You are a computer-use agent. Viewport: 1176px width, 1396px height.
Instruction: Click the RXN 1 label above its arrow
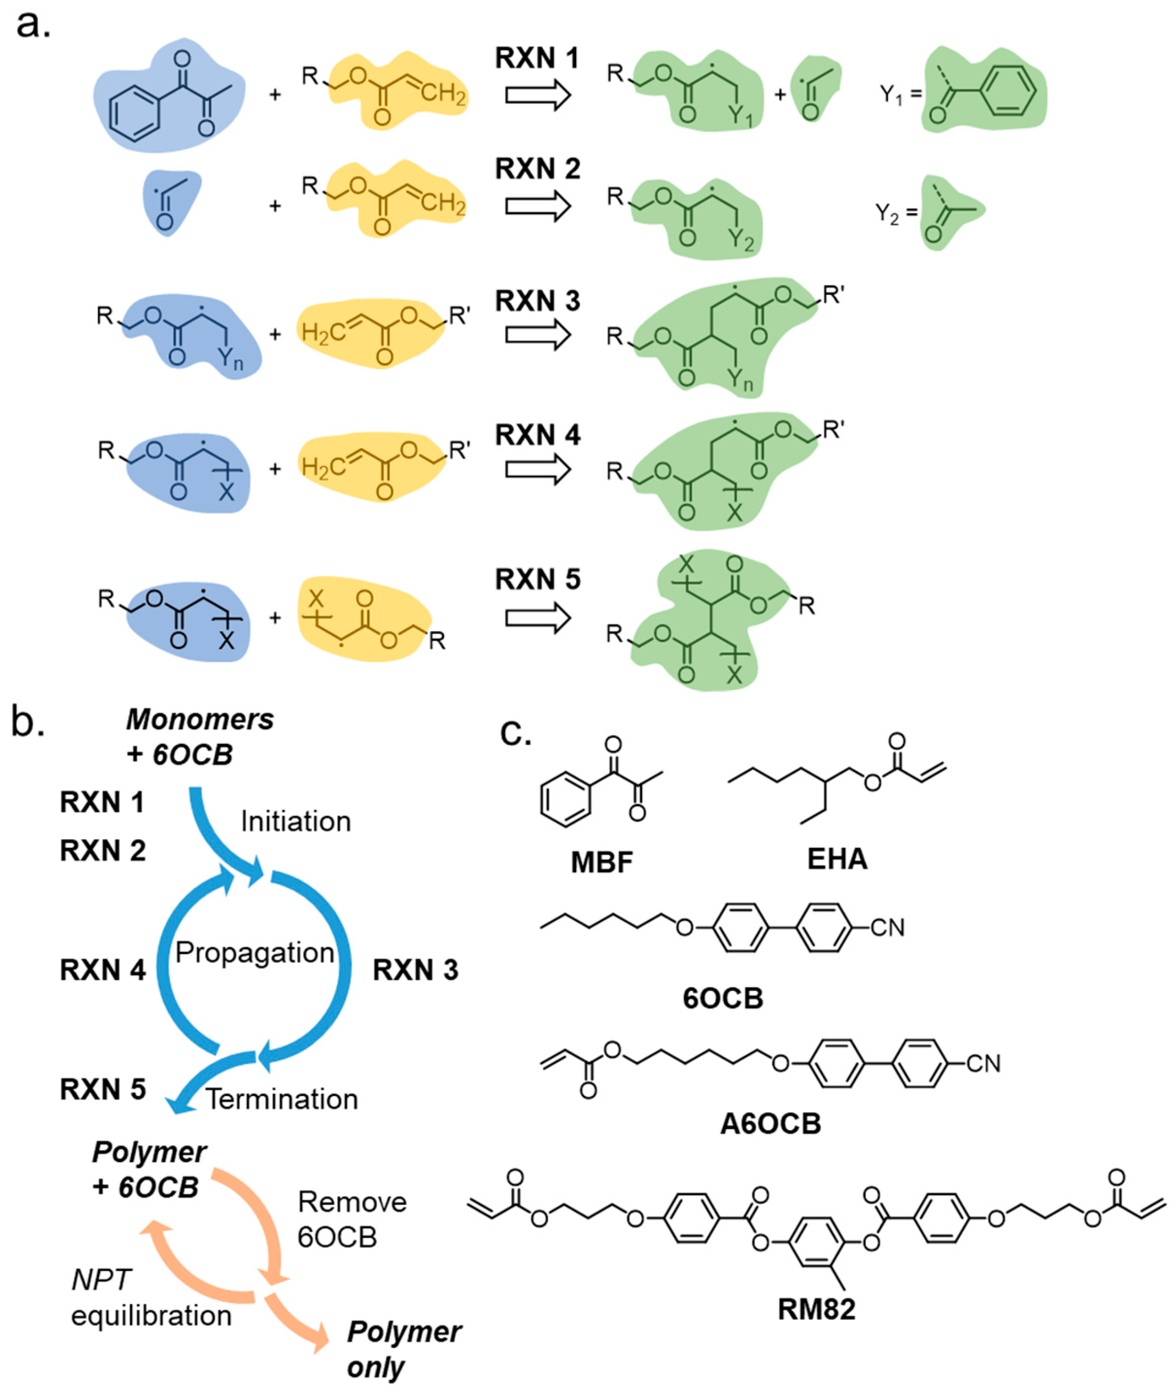(537, 59)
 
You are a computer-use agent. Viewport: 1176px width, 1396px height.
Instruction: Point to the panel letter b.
(27, 724)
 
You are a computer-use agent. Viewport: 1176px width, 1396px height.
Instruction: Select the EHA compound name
(837, 859)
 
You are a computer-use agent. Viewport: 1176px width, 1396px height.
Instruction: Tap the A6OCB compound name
(771, 1124)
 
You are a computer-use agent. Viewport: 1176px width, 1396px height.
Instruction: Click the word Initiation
(295, 822)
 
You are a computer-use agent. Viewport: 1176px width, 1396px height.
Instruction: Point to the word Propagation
(255, 952)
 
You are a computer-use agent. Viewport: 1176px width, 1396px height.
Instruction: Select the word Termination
(281, 1099)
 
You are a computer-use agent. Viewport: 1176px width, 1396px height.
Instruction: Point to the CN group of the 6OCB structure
(887, 927)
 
